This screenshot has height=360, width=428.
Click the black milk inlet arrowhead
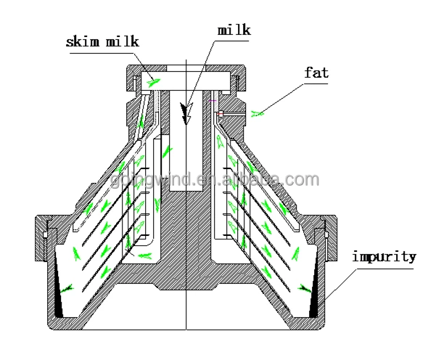click(187, 115)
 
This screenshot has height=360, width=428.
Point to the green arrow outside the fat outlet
click(259, 112)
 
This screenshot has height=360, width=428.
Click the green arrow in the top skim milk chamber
click(151, 83)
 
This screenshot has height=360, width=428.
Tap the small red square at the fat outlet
click(218, 113)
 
